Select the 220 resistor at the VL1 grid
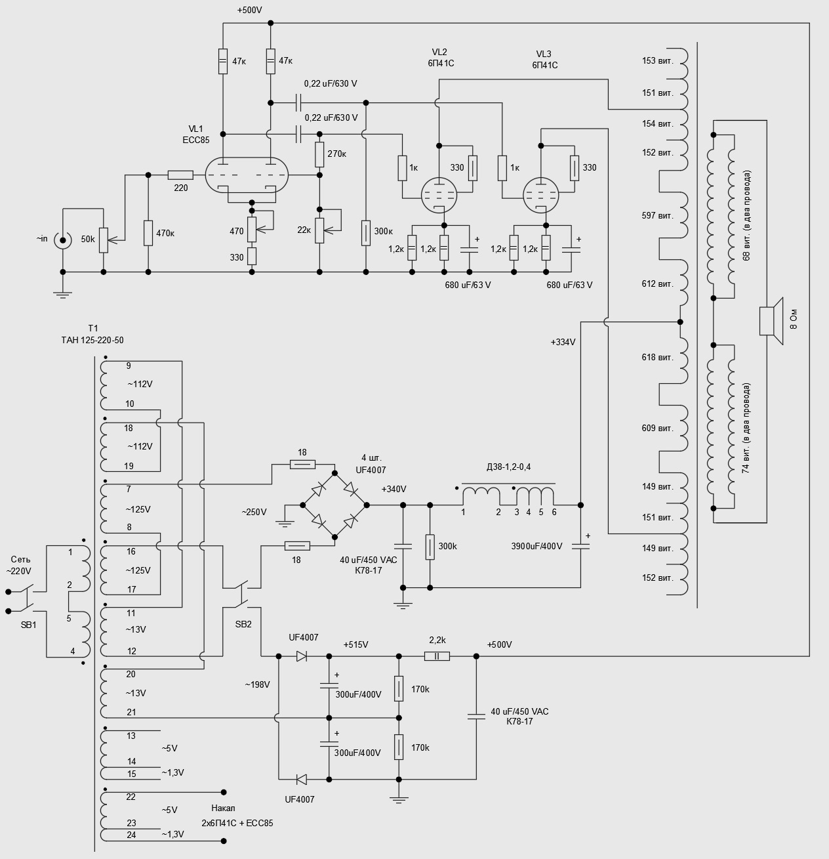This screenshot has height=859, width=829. point(180,175)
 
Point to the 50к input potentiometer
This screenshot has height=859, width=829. point(103,240)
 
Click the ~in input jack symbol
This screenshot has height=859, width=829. point(63,239)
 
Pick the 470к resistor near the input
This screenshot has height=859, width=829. point(148,233)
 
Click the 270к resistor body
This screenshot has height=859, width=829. point(319,154)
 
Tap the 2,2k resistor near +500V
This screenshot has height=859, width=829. point(437,656)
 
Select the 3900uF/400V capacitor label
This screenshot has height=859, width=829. point(536,546)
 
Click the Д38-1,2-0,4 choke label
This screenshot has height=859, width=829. point(508,467)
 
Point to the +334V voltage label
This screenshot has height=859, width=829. point(563,342)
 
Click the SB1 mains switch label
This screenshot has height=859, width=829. point(28,625)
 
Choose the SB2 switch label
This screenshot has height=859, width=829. point(243,624)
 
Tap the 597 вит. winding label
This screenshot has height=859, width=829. point(657,216)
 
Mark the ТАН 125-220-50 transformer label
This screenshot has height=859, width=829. point(92,340)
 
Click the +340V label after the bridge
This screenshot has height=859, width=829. point(394,489)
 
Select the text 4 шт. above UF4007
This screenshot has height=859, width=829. point(371,457)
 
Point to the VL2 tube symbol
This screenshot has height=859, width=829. point(438,195)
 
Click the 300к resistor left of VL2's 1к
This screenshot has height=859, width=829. point(365,232)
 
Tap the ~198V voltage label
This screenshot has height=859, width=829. point(258,684)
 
